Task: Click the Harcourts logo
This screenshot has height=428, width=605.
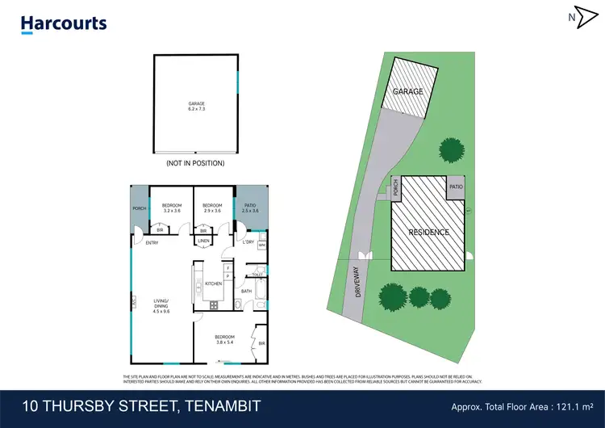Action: pos(64,23)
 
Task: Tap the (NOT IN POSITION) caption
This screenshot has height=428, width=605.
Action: pos(194,163)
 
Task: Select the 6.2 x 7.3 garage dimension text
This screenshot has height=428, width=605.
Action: pos(194,108)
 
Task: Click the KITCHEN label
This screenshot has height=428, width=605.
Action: pos(213,283)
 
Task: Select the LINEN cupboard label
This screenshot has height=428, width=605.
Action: pos(204,241)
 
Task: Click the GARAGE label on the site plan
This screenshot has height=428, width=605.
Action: pos(408,92)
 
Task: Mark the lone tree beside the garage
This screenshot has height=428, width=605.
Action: pos(451,149)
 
